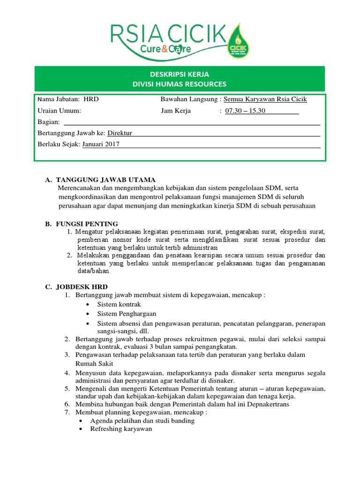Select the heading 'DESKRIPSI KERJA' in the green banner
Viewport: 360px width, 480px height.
tap(180, 75)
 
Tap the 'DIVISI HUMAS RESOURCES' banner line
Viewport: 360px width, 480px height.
tap(180, 84)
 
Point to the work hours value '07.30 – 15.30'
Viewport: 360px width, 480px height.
tap(245, 111)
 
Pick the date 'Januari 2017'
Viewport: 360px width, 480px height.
tap(101, 144)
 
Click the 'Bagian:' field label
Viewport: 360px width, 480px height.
tap(49, 122)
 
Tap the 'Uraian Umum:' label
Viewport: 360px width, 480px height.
tap(59, 111)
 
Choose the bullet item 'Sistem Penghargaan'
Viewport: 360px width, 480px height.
tap(127, 314)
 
